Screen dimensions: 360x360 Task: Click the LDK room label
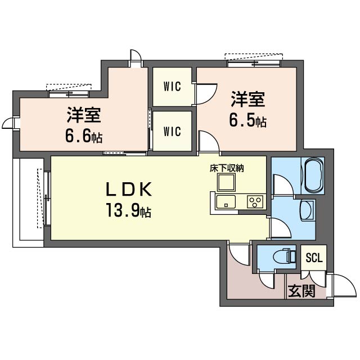[x=129, y=189]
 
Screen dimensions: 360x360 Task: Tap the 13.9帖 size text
[x=128, y=210]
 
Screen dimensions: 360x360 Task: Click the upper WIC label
[x=172, y=87]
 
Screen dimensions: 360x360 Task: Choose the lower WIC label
[x=172, y=131]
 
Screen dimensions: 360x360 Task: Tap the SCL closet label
[x=314, y=258]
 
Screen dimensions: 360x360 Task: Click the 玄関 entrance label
[x=301, y=291]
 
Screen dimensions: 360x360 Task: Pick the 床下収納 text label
[x=227, y=169]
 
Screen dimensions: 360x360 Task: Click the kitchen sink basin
[x=226, y=201]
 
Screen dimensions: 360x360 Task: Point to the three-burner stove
[x=255, y=202]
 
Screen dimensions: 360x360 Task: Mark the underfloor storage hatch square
[x=226, y=182]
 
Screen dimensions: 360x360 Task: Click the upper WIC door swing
[x=206, y=94]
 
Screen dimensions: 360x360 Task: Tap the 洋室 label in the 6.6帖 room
[x=84, y=115]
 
